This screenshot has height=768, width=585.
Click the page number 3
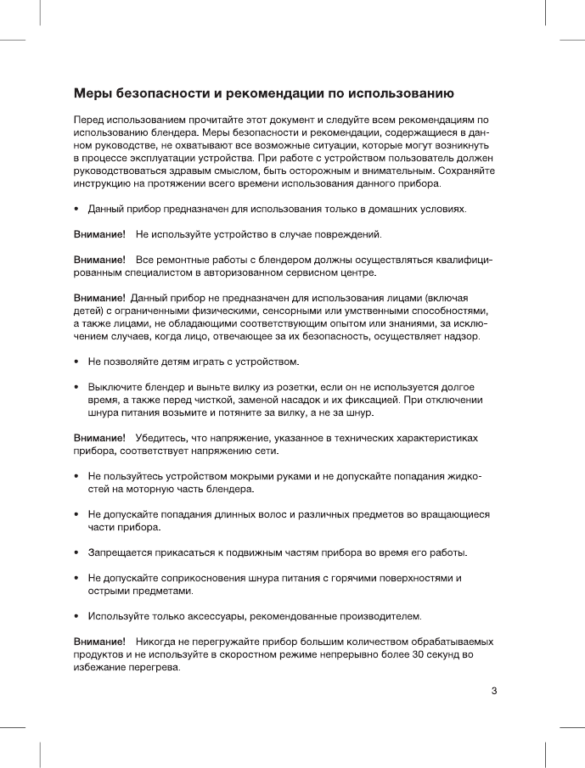click(x=493, y=690)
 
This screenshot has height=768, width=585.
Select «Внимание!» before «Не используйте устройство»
click(x=99, y=233)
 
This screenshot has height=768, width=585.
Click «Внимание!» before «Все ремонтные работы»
click(x=99, y=259)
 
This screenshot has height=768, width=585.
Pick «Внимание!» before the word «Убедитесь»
click(x=99, y=438)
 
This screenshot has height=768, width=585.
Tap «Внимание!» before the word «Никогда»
click(x=99, y=642)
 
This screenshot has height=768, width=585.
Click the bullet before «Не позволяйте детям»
click(x=77, y=362)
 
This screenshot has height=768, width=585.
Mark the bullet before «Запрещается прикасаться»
click(x=77, y=553)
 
